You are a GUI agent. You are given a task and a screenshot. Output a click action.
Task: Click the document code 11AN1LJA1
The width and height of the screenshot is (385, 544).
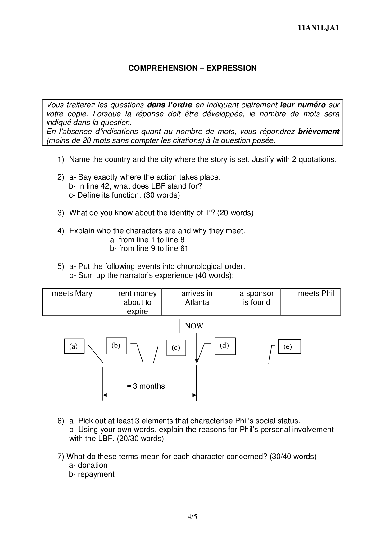318,28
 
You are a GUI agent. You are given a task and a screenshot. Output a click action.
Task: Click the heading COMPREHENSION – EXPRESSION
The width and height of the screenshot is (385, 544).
192,68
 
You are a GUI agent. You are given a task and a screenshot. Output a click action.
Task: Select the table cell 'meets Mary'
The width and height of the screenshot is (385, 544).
72,302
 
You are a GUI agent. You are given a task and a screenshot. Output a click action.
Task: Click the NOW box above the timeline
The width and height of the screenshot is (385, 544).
194,326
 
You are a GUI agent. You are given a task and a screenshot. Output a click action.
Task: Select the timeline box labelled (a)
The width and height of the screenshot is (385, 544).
74,346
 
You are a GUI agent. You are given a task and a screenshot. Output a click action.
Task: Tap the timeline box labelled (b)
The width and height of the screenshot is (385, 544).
116,346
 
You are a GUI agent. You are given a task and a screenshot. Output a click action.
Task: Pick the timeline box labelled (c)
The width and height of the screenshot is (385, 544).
176,348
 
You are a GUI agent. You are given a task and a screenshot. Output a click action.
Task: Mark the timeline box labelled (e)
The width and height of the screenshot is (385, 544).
288,347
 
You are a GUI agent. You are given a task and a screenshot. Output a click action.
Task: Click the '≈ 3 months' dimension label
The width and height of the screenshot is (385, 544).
146,386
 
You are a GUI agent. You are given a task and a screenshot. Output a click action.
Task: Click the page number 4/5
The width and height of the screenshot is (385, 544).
192,517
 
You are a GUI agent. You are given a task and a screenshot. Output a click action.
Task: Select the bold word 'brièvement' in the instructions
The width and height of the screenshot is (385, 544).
319,132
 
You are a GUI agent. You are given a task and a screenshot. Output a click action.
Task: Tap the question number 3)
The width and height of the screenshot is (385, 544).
61,213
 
